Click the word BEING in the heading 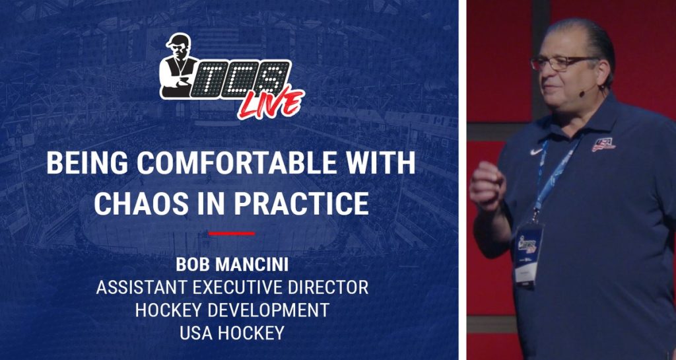[87, 163]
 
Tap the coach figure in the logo [178, 65]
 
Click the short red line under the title [232, 234]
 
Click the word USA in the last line [196, 333]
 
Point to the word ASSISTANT [141, 287]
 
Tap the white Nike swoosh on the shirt [536, 152]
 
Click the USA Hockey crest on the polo [603, 145]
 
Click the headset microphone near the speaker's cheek [583, 92]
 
